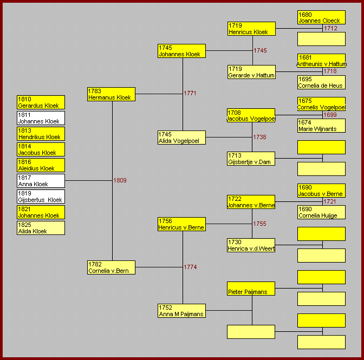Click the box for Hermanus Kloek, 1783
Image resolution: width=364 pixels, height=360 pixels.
click(111, 94)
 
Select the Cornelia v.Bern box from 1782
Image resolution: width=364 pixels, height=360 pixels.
click(111, 267)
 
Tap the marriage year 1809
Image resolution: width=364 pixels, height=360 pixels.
click(120, 180)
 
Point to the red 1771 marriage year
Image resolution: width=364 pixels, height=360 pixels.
click(190, 93)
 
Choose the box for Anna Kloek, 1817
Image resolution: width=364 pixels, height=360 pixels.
click(41, 181)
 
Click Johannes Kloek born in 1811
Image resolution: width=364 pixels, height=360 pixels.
click(41, 118)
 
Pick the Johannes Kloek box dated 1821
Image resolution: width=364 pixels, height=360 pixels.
click(41, 212)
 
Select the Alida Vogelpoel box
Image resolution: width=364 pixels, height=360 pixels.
click(181, 138)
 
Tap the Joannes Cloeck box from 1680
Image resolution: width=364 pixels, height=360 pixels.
click(321, 17)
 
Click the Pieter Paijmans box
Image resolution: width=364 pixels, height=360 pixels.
click(251, 289)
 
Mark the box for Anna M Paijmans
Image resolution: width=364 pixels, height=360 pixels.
click(181, 311)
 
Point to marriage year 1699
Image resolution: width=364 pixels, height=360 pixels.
click(330, 115)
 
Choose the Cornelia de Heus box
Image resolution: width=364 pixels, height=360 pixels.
click(321, 82)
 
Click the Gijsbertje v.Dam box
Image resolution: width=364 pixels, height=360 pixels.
click(251, 159)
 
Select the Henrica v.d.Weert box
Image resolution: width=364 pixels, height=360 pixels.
click(251, 245)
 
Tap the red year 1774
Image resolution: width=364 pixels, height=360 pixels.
click(190, 267)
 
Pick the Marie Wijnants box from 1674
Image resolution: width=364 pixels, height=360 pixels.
click(321, 126)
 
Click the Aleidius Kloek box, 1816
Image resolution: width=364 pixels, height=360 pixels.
click(41, 165)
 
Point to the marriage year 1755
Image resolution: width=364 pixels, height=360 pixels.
click(259, 224)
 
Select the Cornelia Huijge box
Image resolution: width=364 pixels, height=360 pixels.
click(321, 212)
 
